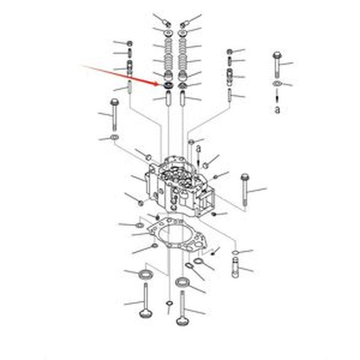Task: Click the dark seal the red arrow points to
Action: click(x=168, y=86)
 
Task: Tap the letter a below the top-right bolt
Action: click(x=277, y=109)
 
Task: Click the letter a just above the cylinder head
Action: click(x=198, y=149)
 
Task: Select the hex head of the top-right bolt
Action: click(x=277, y=55)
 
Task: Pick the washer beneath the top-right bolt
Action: click(x=277, y=84)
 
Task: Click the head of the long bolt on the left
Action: click(x=114, y=102)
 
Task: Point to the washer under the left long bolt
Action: click(x=114, y=137)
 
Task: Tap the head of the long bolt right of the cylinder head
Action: click(x=245, y=177)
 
